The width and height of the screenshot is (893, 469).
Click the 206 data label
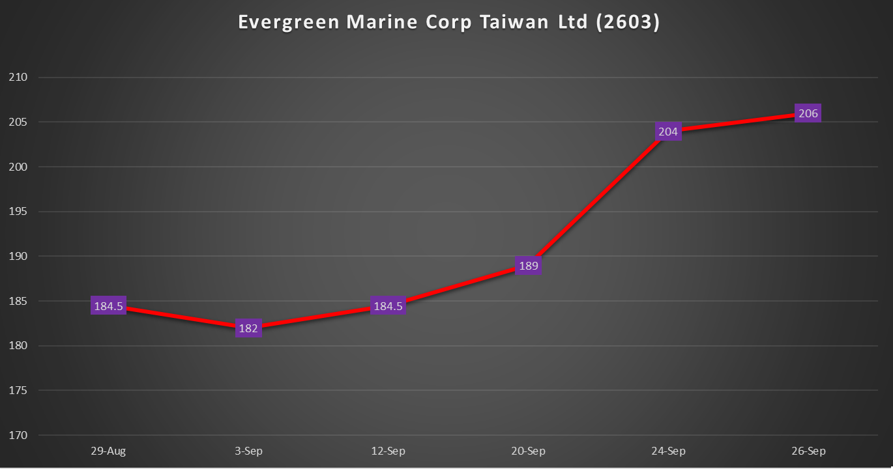click(808, 113)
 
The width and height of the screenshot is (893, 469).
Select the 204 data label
click(668, 132)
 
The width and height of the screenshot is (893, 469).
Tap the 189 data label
click(528, 266)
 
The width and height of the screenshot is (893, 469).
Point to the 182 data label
click(248, 328)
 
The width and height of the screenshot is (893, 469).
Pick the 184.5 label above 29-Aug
click(108, 306)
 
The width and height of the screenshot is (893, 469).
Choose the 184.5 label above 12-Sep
click(388, 306)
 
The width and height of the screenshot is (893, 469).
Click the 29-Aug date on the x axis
click(108, 451)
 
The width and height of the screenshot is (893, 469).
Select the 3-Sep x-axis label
click(248, 451)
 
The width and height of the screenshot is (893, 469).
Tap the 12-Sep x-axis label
click(388, 451)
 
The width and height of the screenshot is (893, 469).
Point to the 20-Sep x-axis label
click(528, 451)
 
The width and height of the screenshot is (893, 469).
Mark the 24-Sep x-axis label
click(668, 451)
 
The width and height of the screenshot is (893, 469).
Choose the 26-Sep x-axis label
click(808, 451)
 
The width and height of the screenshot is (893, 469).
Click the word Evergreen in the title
click(289, 22)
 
